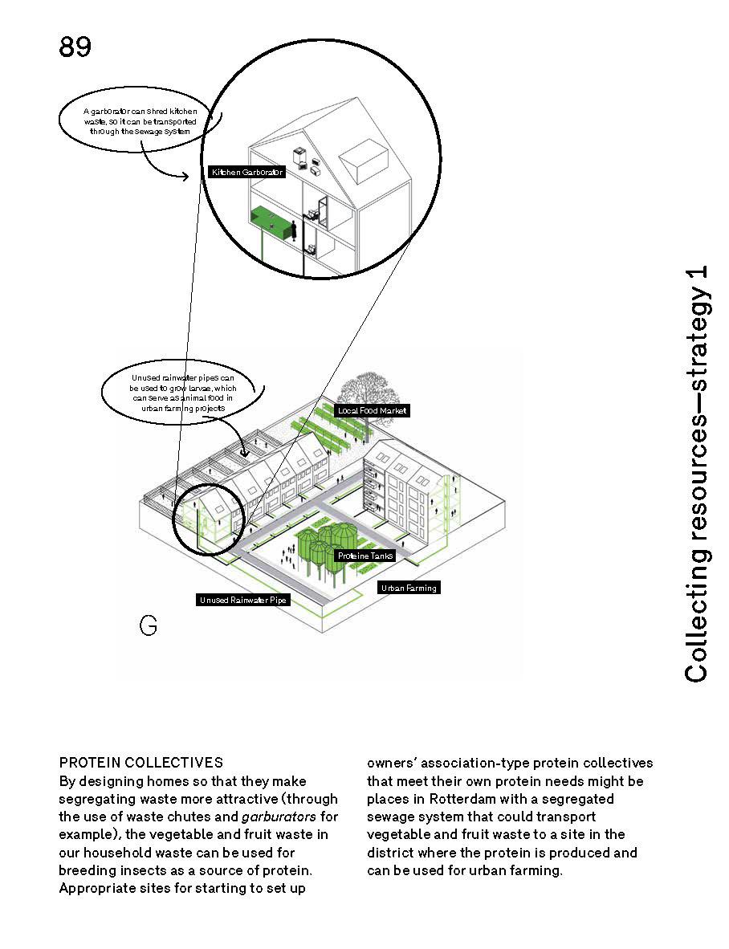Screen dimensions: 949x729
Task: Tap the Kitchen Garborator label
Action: pyautogui.click(x=246, y=172)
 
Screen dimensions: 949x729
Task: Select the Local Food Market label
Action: pyautogui.click(x=373, y=411)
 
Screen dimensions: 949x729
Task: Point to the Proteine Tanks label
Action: pyautogui.click(x=364, y=556)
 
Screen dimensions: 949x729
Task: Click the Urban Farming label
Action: pyautogui.click(x=409, y=588)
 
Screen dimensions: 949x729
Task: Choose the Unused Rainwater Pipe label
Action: pyautogui.click(x=242, y=600)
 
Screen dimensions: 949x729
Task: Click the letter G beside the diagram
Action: pyautogui.click(x=148, y=626)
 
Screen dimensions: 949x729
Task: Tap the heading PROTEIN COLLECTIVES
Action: pyautogui.click(x=141, y=763)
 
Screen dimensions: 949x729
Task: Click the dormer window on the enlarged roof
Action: pyautogui.click(x=365, y=159)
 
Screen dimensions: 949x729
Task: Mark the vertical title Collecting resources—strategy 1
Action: pyautogui.click(x=697, y=474)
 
